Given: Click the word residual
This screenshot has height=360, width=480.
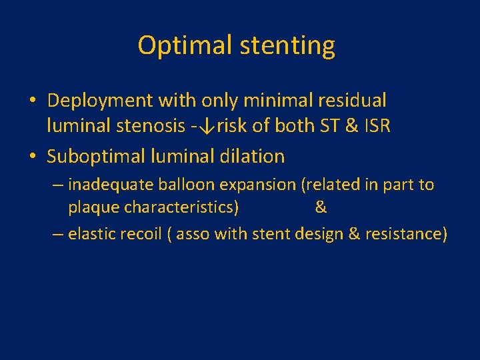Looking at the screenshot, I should coord(351,101).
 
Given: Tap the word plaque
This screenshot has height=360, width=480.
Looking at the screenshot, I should coord(93,207).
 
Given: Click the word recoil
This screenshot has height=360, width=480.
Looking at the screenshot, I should coord(139,234).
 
